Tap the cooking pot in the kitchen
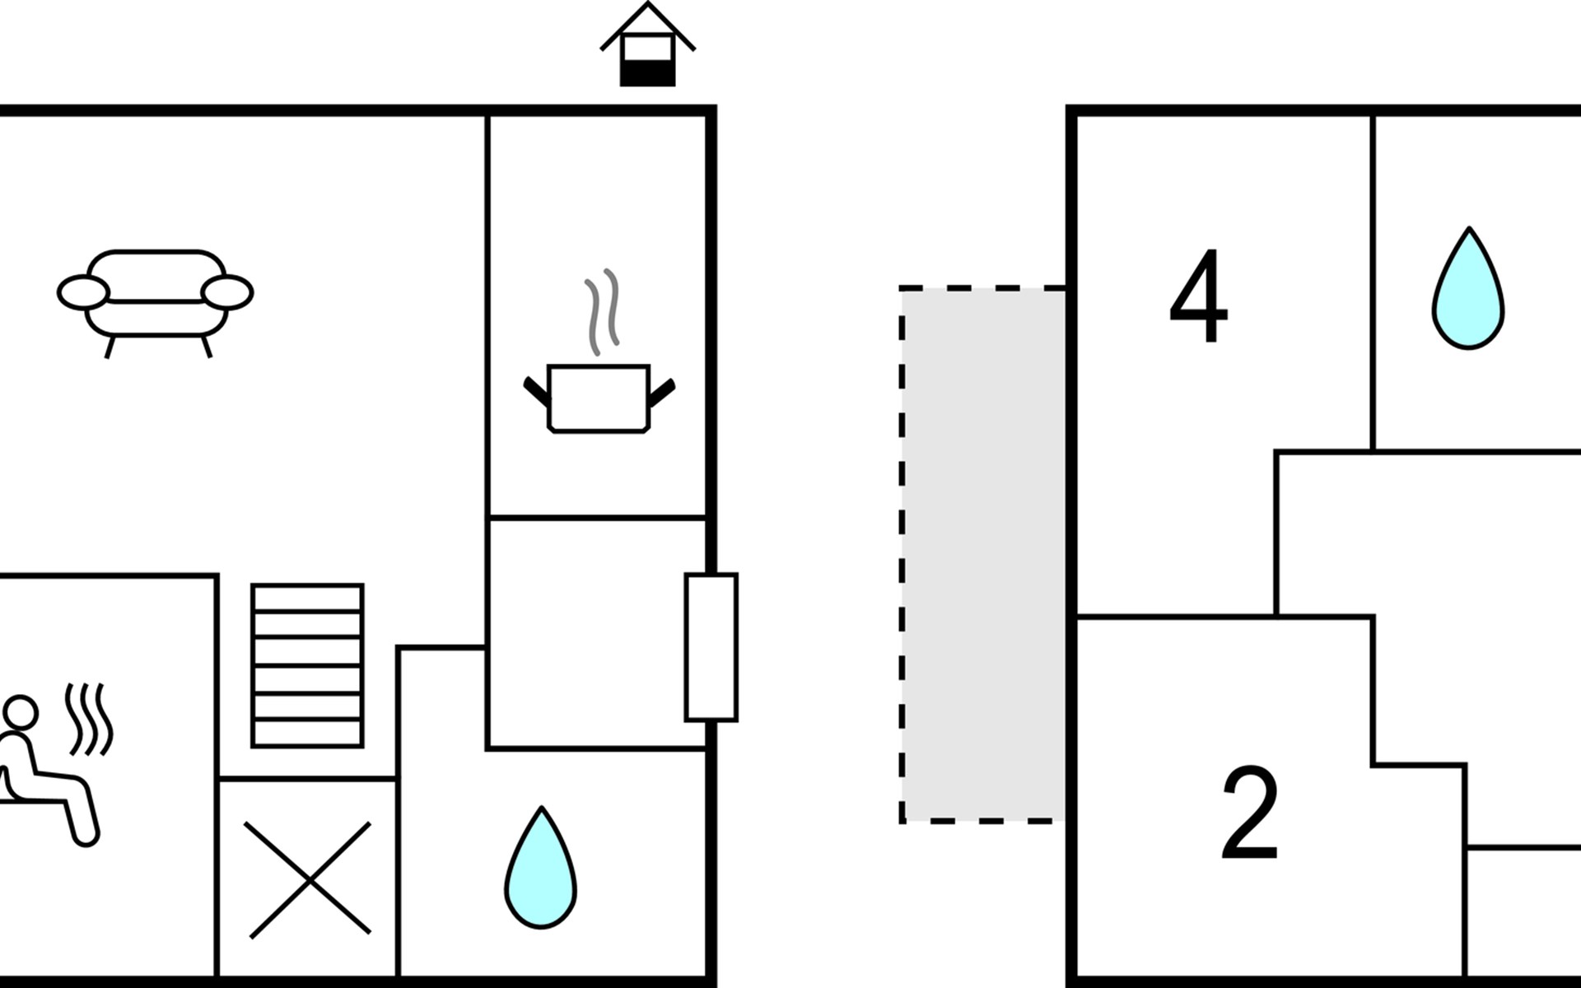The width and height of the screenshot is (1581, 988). coord(599,398)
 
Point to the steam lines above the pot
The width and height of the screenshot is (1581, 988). coord(602,311)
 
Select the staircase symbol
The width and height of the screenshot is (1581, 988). coord(307,665)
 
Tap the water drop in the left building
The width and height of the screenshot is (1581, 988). coord(540,868)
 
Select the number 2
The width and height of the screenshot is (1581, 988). coord(1249,812)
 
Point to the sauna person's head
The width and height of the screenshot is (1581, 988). coord(20,712)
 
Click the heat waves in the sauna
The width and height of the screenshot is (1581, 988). coord(90,719)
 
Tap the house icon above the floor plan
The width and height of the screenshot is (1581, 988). coord(647,44)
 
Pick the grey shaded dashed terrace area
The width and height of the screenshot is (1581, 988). coord(983,554)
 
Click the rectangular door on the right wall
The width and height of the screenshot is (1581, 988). coord(711,647)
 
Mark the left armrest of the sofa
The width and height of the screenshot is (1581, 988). coord(83,292)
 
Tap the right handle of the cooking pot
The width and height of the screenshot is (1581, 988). coord(662,393)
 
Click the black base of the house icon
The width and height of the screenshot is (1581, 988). coord(647,74)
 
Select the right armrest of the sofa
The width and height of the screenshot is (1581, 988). coord(227,292)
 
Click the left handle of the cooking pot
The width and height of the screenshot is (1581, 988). coord(537,392)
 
